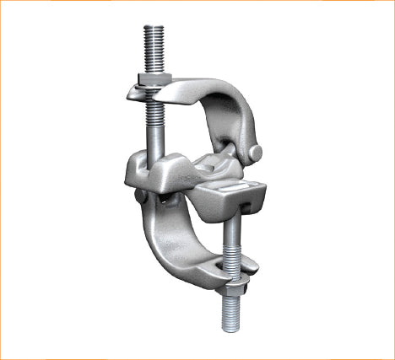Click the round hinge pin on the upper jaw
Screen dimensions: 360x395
255,152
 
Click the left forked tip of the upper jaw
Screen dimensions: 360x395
135,89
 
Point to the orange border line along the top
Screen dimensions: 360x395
197,1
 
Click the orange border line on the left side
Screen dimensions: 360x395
1,180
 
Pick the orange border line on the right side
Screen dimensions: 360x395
393,180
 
